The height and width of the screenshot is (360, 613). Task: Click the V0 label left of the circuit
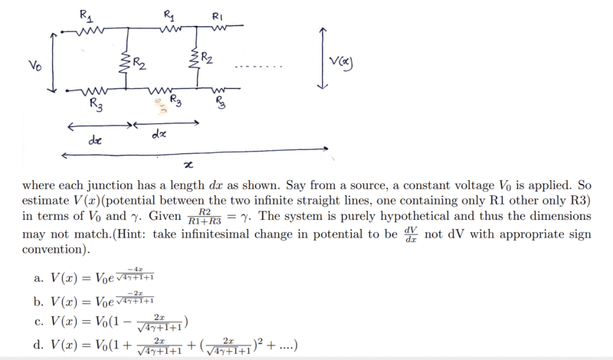pos(34,65)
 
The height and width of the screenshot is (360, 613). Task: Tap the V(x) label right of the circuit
pos(341,62)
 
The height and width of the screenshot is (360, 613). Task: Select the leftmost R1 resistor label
pos(87,16)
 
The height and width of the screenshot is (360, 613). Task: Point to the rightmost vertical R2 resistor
pos(194,58)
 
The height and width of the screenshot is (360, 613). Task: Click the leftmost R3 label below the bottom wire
pos(97,105)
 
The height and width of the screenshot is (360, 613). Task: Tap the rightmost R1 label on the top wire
pos(218,16)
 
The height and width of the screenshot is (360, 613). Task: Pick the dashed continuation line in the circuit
pos(258,67)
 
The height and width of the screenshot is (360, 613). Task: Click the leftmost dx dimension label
pos(95,139)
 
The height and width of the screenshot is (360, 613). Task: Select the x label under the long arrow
pos(188,165)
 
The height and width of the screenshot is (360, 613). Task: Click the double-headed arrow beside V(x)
pos(322,58)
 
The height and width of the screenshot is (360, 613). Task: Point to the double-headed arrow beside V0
pos(52,63)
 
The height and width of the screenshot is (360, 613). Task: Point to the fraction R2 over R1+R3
pos(205,217)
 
